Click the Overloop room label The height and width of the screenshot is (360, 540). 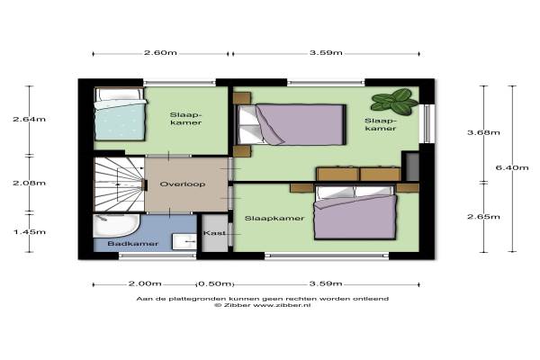click(x=183, y=184)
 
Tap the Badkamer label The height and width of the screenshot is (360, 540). click(x=133, y=244)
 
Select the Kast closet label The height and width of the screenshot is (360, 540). click(x=214, y=233)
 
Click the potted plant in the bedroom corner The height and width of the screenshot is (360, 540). click(x=395, y=101)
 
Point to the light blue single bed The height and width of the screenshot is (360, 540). click(x=120, y=114)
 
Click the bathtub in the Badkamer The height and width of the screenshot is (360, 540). click(x=116, y=226)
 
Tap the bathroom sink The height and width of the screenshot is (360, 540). click(x=184, y=241)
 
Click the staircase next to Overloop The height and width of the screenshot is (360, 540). click(x=119, y=184)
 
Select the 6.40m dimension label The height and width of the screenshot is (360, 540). click(x=512, y=167)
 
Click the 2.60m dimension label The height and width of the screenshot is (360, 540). click(x=160, y=53)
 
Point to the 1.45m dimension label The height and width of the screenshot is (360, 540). click(x=30, y=232)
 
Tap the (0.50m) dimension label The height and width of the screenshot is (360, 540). click(x=215, y=283)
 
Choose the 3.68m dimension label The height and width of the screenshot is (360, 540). click(x=483, y=132)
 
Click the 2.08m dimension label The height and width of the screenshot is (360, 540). click(x=30, y=183)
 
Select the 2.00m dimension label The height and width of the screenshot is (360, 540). click(x=145, y=283)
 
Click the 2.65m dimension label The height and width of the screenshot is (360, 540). click(x=483, y=217)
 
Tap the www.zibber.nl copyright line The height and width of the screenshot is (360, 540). click(x=263, y=305)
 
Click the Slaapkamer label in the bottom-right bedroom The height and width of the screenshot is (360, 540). click(x=274, y=219)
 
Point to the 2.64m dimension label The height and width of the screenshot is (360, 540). click(x=30, y=119)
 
